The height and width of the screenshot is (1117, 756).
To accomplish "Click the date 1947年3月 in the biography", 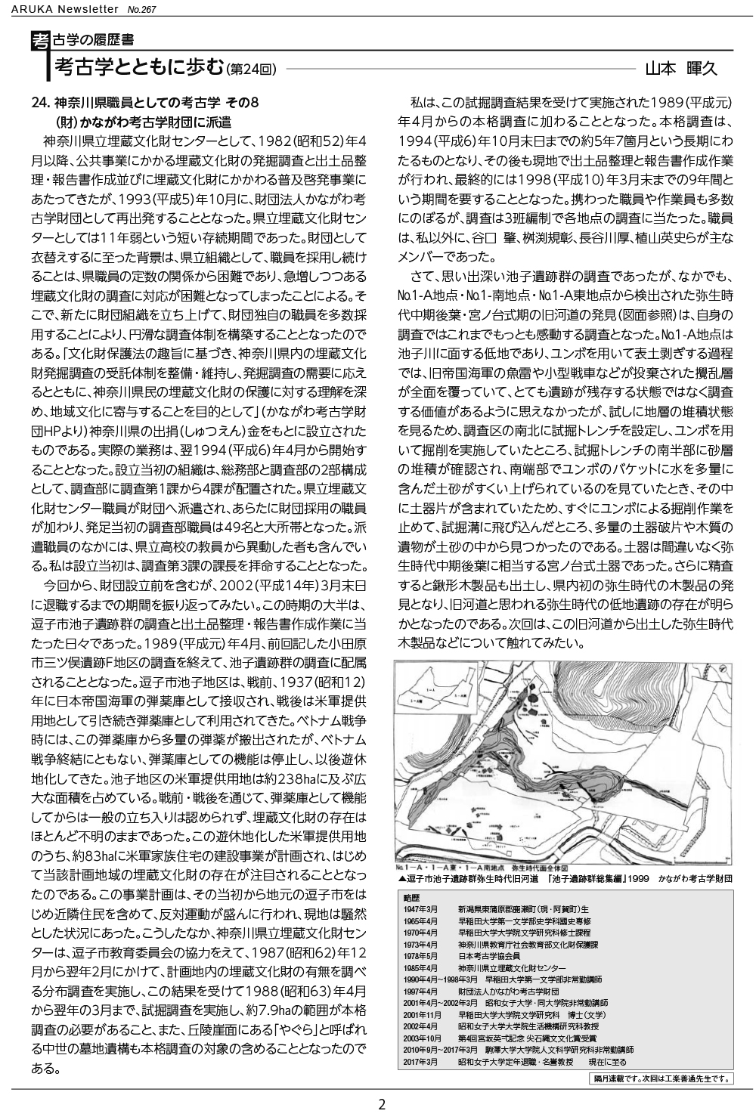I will pyautogui.click(x=421, y=908).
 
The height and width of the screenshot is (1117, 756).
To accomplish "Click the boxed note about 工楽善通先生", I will pyautogui.click(x=658, y=1078).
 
